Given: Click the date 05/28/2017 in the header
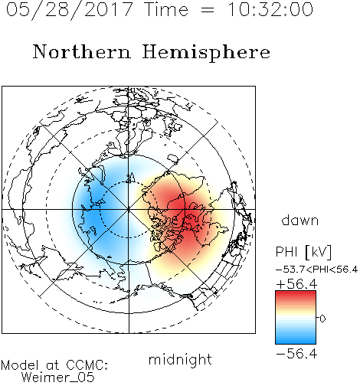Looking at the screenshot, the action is [x=70, y=10].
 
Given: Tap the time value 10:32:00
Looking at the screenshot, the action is [x=270, y=9].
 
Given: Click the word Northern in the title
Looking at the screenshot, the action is [x=82, y=51].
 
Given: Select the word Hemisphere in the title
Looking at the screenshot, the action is [x=206, y=53].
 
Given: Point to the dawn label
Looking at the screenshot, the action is [x=300, y=220].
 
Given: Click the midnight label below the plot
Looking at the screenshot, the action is [x=180, y=361].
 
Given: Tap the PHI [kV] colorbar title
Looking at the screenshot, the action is [x=303, y=252].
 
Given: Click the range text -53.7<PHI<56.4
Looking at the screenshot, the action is [x=316, y=270].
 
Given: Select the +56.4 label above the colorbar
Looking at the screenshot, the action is [x=296, y=284].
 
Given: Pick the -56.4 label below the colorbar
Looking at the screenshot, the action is [x=296, y=354].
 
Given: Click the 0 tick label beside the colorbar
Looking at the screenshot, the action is [x=322, y=319].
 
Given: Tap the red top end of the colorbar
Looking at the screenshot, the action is [x=296, y=293].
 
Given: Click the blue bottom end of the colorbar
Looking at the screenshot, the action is [x=296, y=342].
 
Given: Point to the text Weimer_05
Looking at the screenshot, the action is [x=58, y=377].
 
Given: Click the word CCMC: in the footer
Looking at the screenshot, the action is [x=87, y=365].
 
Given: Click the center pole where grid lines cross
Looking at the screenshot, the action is [x=129, y=209].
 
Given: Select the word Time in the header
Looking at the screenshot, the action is [x=166, y=9].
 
